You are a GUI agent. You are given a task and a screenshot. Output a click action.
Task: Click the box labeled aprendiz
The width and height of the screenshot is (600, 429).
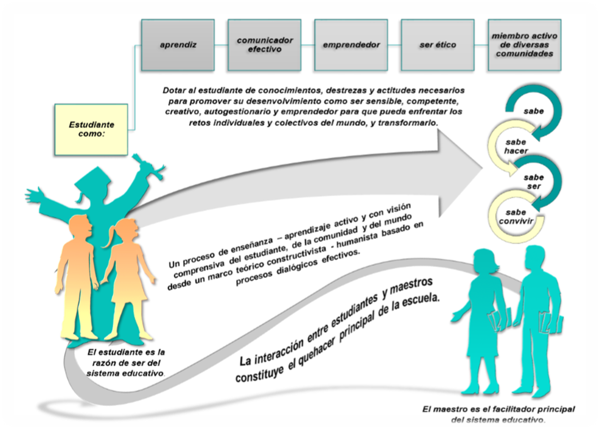(x=178, y=45)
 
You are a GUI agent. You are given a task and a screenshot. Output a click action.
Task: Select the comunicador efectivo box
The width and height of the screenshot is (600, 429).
(x=265, y=45)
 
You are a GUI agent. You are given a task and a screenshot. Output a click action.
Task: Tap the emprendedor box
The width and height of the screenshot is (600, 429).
(x=351, y=45)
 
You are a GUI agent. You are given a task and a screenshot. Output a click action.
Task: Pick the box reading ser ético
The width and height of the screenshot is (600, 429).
(x=437, y=45)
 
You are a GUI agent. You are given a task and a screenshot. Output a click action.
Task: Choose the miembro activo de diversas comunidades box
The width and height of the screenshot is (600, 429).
(x=524, y=45)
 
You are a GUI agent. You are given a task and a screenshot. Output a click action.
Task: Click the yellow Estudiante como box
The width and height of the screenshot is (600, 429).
(x=91, y=129)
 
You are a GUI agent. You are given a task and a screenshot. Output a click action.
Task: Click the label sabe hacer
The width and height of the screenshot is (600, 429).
(x=516, y=146)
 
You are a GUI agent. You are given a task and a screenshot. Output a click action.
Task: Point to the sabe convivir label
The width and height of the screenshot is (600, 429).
(x=516, y=217)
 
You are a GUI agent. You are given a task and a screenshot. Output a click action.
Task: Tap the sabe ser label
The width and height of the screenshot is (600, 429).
(x=533, y=182)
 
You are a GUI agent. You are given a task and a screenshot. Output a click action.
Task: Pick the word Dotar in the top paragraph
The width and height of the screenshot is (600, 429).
(x=173, y=91)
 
